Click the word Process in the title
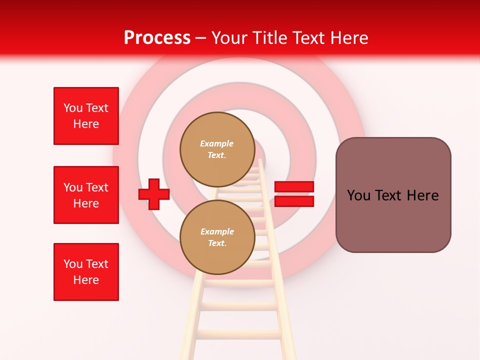157,38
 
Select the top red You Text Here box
86,116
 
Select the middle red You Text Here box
86,195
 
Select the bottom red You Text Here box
86,272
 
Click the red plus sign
154,194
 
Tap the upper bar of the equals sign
294,187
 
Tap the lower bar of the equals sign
294,201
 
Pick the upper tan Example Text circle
217,149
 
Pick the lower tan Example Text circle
217,237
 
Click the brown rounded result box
393,195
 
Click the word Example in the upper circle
217,143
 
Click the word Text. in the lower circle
217,243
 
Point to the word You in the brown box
358,195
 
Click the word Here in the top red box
86,124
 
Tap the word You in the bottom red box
73,264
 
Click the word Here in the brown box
422,195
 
